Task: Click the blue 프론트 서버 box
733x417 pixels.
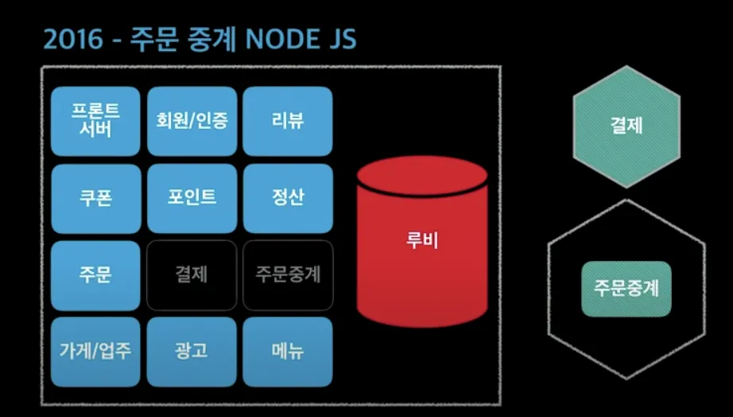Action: coord(95,121)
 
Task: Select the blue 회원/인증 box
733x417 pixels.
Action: coord(192,121)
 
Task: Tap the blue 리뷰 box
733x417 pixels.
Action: coord(287,121)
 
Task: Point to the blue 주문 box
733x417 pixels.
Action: coord(95,275)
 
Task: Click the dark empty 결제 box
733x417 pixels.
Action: coord(192,275)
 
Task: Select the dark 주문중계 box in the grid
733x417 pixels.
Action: coord(287,275)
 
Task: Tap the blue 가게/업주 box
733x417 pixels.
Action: coord(95,351)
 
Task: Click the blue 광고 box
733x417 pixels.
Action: coord(192,351)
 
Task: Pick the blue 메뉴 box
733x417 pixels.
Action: coord(287,351)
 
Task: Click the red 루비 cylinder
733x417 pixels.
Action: coord(421,247)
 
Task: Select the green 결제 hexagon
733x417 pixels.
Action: coord(627,126)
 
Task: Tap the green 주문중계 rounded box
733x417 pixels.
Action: coord(627,288)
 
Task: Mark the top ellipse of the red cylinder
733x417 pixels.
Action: coord(421,176)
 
